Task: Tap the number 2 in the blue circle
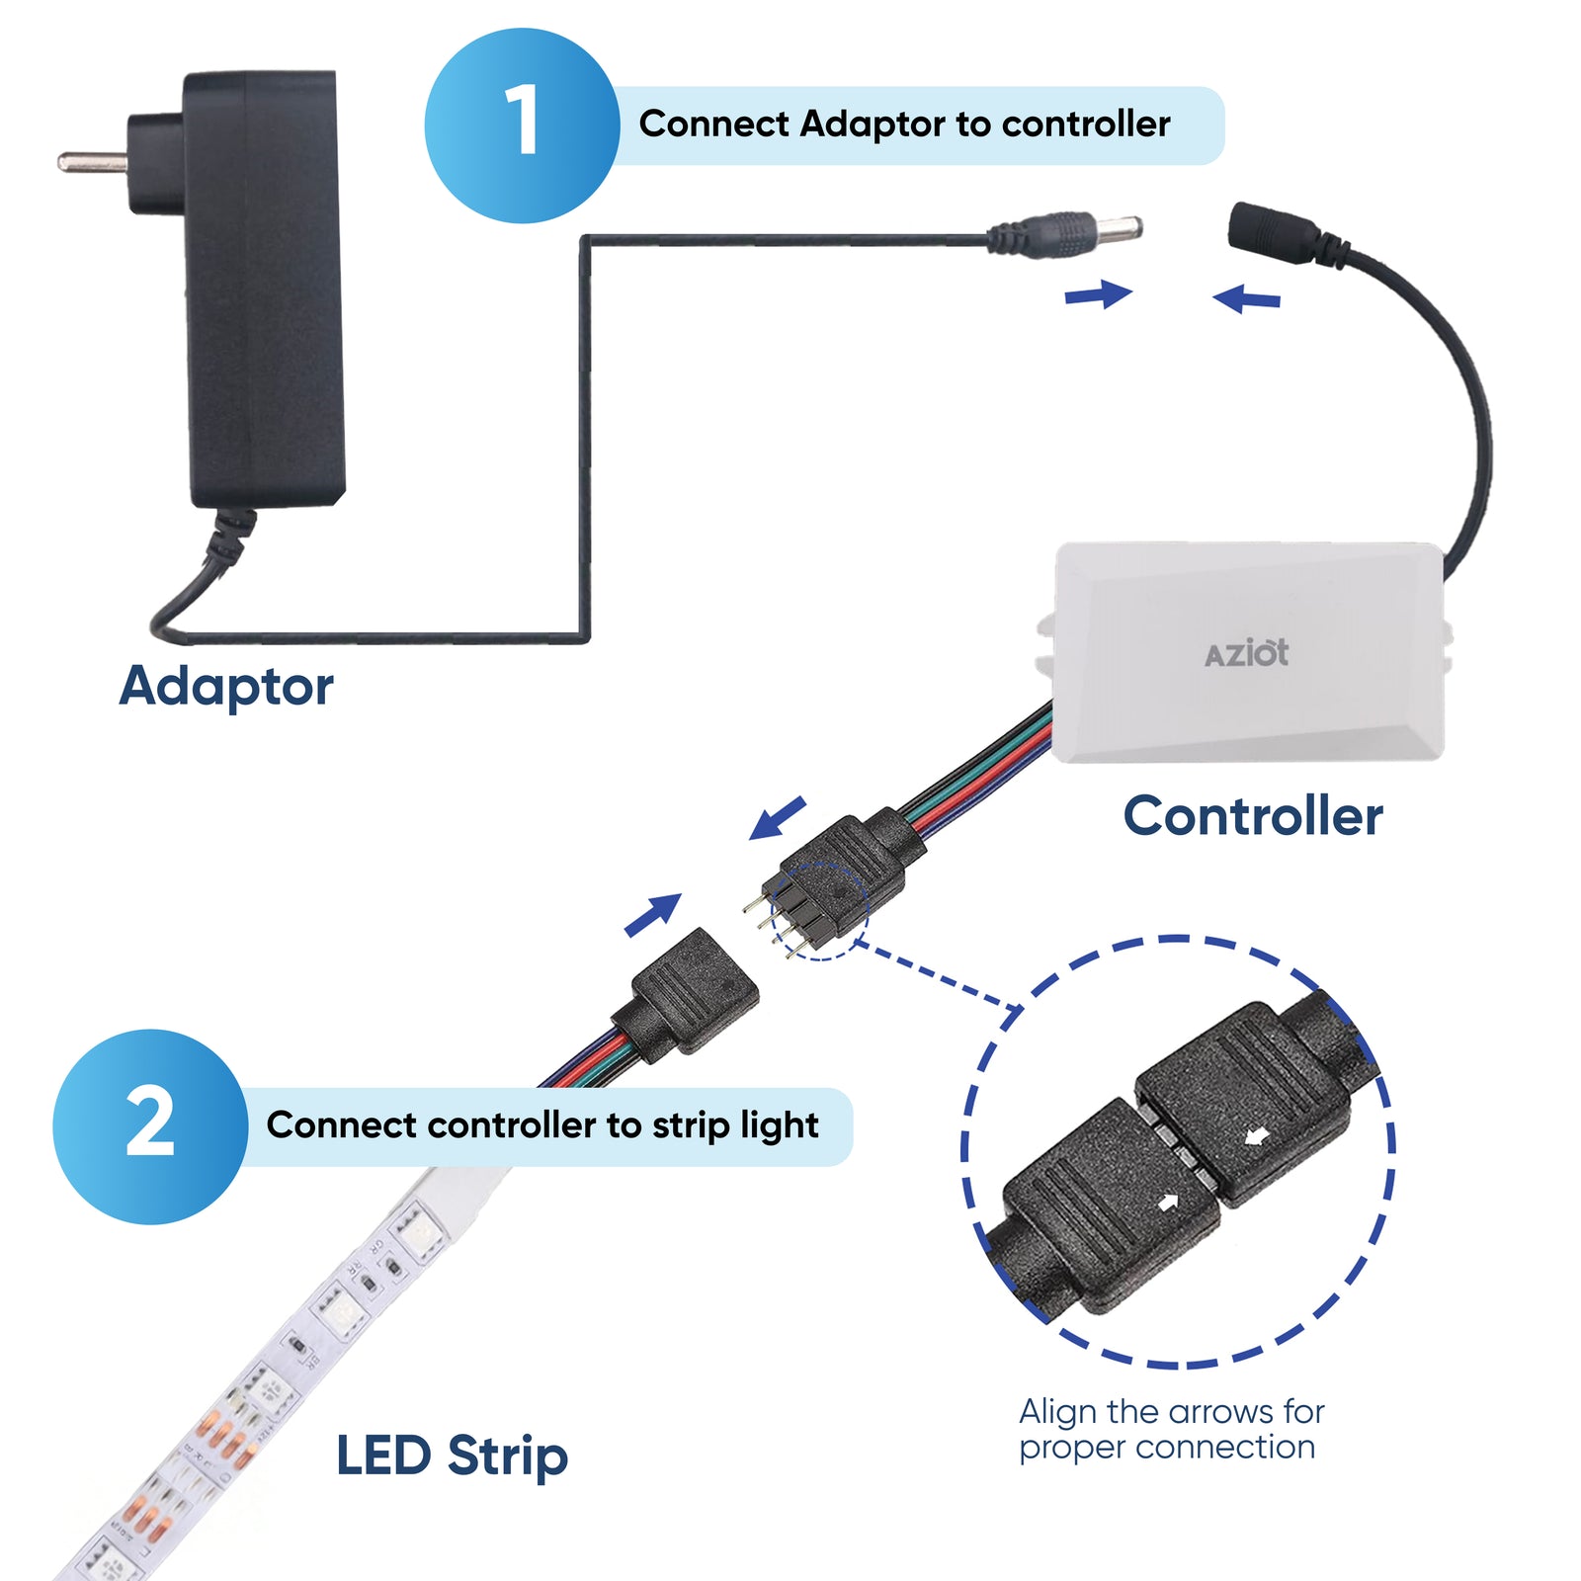(x=150, y=1123)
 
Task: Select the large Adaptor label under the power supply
(x=226, y=687)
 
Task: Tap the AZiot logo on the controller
(x=1246, y=654)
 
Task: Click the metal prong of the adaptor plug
(x=89, y=160)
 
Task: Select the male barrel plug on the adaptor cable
(x=1067, y=235)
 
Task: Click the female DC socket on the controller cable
(x=1275, y=234)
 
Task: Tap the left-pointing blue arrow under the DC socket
(x=1247, y=297)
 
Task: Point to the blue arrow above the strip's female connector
(x=654, y=914)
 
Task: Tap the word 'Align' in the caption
(x=1057, y=1412)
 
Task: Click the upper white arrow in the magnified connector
(x=1257, y=1138)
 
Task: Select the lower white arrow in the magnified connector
(x=1168, y=1203)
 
